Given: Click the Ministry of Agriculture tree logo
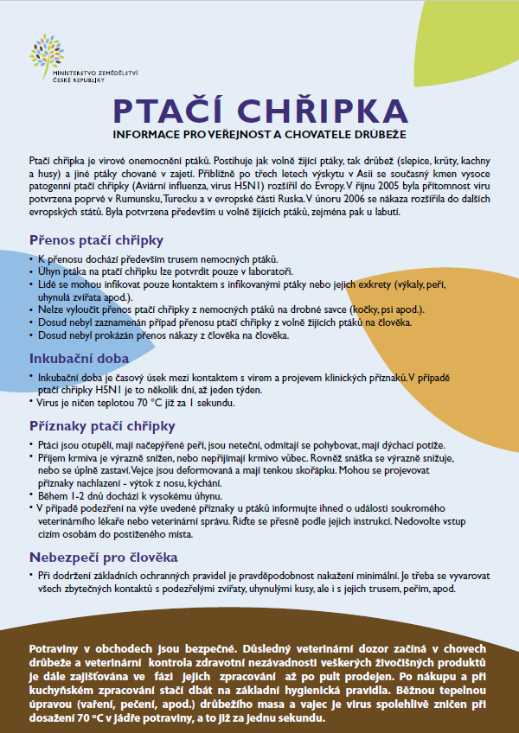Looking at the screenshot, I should [47, 52].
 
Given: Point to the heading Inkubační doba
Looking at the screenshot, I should [80, 358].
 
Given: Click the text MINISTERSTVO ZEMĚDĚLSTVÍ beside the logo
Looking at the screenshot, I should [96, 73].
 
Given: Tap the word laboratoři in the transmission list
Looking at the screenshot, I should [271, 271].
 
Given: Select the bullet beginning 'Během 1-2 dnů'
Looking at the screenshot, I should [125, 496].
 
